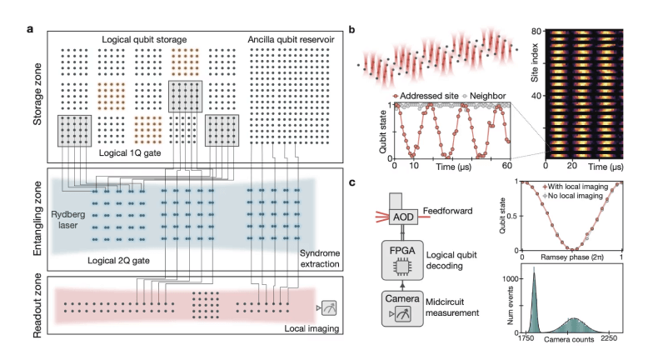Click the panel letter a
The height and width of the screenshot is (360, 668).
coord(30,32)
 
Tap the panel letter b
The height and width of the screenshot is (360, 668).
coord(353,32)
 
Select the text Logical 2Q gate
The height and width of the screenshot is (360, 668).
coord(122,261)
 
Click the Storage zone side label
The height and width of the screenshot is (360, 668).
coord(37,98)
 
